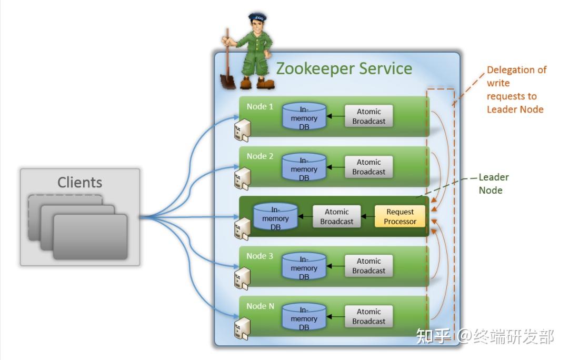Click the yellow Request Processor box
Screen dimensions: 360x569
point(400,216)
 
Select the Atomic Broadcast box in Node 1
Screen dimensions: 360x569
point(368,116)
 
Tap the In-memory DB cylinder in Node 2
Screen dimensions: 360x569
point(304,167)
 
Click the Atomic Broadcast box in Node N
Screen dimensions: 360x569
point(368,316)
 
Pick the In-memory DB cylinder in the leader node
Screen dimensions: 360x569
point(275,216)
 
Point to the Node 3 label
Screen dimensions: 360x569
point(260,256)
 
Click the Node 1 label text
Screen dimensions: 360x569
point(260,106)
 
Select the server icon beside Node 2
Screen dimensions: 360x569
point(242,178)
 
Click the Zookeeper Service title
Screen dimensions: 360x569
point(344,68)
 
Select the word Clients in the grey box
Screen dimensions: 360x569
point(79,182)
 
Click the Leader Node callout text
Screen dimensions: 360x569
point(493,184)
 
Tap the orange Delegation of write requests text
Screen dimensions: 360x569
point(516,89)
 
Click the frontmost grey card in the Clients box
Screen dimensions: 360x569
point(90,236)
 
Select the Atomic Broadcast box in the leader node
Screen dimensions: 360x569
point(337,216)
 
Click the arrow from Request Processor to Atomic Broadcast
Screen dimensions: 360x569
point(368,216)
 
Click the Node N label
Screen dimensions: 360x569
point(260,306)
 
